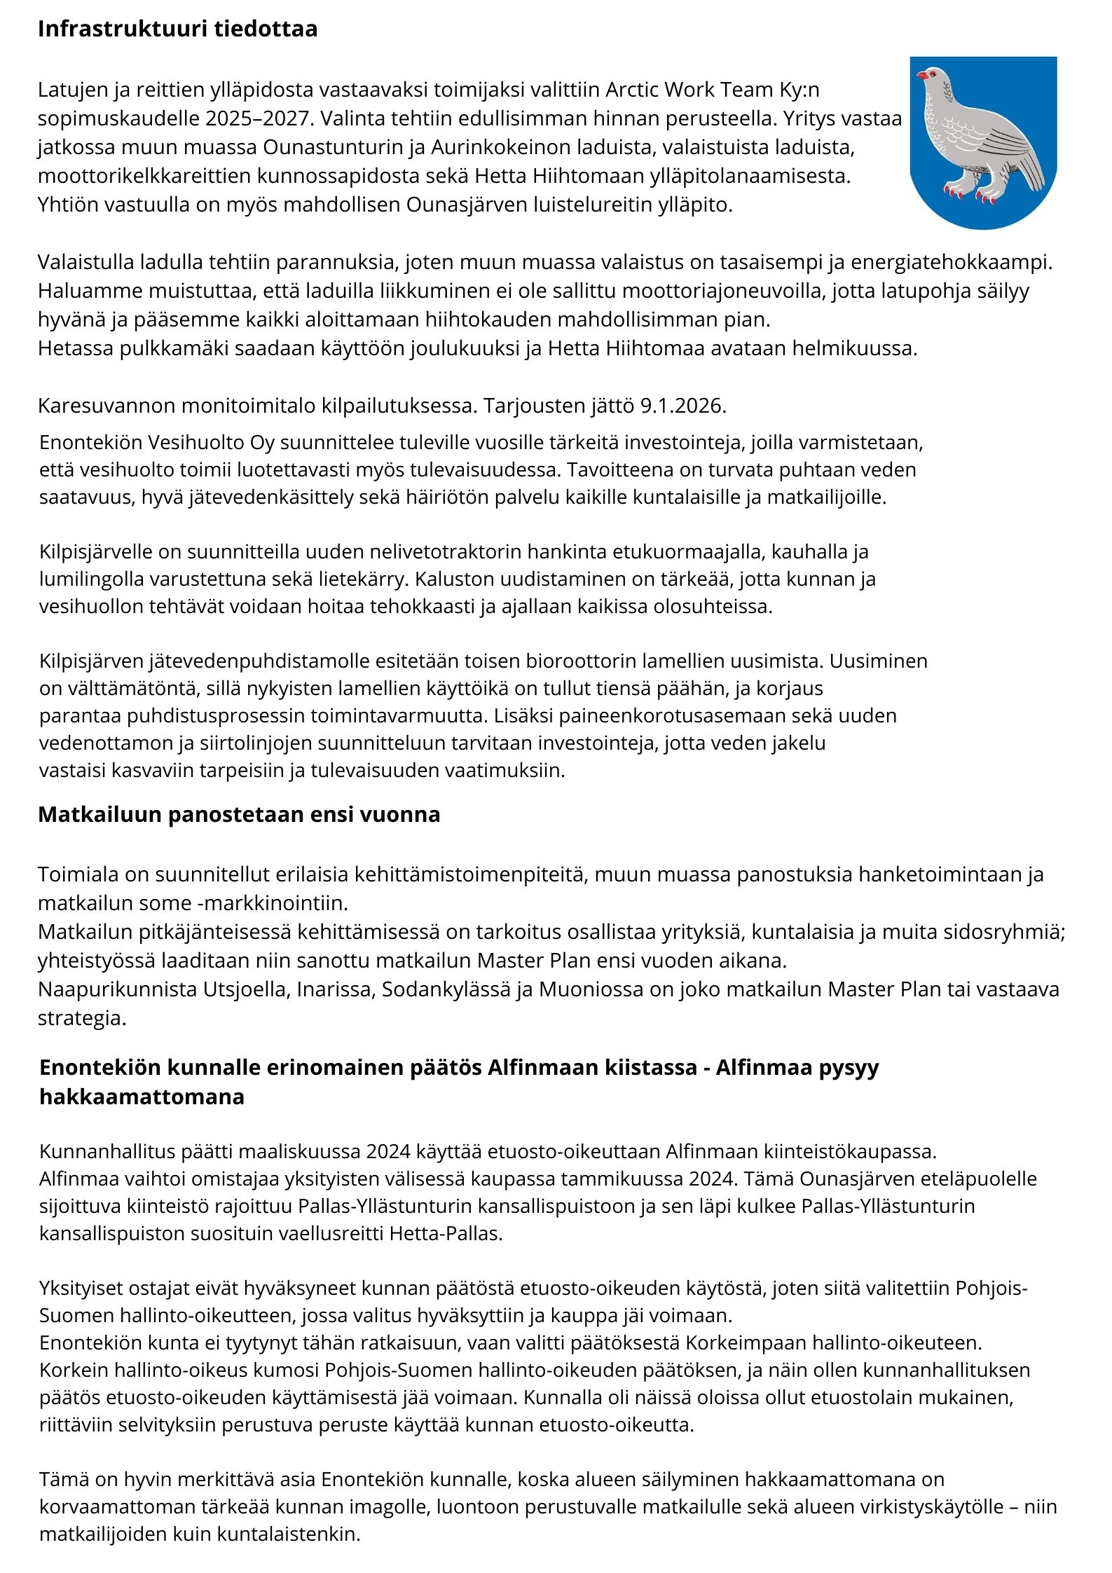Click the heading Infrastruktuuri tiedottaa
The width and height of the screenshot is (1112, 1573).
pos(177,29)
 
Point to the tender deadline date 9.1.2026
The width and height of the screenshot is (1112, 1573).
pos(683,406)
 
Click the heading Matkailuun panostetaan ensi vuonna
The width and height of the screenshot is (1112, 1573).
pos(239,814)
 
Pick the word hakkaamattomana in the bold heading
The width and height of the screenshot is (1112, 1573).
pos(142,1097)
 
